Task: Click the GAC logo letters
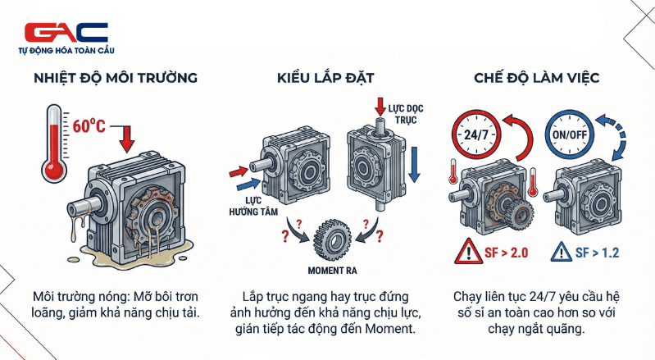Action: coord(66,32)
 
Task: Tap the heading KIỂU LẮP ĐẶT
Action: coord(326,80)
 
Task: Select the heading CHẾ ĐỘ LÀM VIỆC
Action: coord(537,80)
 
